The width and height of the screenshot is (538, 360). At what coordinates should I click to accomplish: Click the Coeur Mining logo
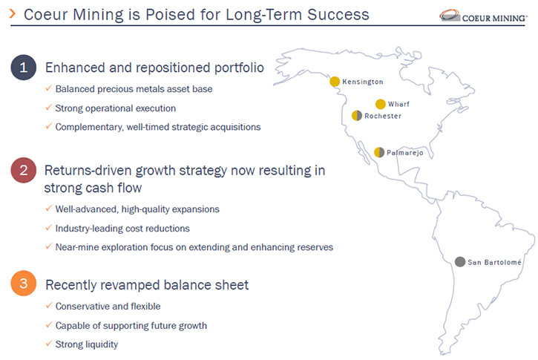pos(483,16)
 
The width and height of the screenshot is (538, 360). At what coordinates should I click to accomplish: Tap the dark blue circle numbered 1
pos(23,68)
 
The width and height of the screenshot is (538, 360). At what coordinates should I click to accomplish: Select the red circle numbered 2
pos(23,170)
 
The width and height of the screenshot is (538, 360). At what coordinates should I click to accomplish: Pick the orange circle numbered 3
pos(23,283)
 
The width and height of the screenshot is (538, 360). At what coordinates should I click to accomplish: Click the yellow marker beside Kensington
pos(335,82)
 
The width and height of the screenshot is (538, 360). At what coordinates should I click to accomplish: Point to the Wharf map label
pos(398,104)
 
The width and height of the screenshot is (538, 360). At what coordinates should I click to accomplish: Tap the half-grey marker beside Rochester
pos(357,116)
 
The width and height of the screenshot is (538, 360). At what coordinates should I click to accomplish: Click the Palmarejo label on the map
pos(405,153)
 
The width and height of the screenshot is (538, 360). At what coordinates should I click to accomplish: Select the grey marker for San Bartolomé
pos(460,262)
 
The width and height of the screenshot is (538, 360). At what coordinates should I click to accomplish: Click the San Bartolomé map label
pos(494,262)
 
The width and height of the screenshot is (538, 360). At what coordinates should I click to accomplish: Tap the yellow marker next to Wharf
pos(380,104)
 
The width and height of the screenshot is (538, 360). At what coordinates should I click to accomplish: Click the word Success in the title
pos(338,15)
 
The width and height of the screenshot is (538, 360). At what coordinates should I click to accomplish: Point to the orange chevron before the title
pos(13,13)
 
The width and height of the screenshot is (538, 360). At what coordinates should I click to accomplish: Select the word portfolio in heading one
pos(239,68)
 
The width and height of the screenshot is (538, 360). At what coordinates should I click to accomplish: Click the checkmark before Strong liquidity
pos(49,343)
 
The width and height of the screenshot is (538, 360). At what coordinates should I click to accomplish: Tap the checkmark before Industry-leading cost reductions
pos(49,227)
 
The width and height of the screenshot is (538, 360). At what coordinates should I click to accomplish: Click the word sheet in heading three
pos(234,285)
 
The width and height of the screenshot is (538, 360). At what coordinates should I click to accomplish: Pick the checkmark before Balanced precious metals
pos(49,88)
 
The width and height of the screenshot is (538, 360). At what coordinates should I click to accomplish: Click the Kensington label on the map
pos(363,82)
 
